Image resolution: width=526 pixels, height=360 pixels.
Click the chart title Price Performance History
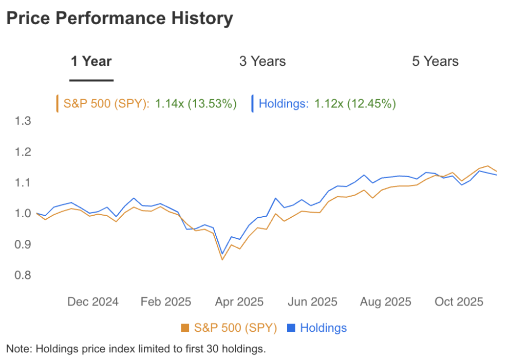point(119,18)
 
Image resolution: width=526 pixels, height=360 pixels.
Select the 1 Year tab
point(91,62)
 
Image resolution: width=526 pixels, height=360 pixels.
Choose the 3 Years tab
point(262,62)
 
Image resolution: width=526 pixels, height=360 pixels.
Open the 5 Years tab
point(435,62)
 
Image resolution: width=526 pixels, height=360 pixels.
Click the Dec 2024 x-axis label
point(93,301)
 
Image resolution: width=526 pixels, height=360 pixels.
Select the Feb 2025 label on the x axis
point(165,301)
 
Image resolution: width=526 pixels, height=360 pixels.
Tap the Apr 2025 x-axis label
point(239,301)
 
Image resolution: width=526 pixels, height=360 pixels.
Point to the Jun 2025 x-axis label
point(312,301)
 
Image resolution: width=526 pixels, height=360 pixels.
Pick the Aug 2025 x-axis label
point(386,301)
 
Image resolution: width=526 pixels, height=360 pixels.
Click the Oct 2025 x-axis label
point(459,301)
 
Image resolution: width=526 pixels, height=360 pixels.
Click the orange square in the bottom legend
point(185,328)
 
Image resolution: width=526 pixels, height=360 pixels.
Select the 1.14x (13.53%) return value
point(196,104)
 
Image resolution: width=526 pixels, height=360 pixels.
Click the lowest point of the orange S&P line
point(222,259)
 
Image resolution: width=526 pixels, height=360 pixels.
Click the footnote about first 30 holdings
point(136,349)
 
